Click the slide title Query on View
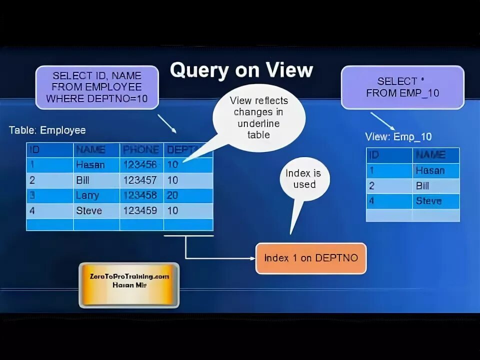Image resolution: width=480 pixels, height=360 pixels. coord(241,70)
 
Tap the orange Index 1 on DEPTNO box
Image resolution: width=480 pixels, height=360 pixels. coord(310,258)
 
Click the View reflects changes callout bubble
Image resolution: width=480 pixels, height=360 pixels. coord(258,117)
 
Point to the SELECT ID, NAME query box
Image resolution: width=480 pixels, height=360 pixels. coord(96,87)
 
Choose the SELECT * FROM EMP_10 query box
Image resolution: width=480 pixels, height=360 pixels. coord(402,87)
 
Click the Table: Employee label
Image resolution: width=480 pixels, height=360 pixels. coord(47,130)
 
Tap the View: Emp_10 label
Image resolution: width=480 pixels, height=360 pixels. coord(398,136)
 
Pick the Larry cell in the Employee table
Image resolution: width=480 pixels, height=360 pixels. coord(87,195)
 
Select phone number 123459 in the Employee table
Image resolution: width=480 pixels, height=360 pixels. coord(140,210)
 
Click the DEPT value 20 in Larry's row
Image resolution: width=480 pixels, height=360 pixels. coord(172,195)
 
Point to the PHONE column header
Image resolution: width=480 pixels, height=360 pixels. coord(140,149)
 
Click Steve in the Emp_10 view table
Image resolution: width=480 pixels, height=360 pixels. coord(428,201)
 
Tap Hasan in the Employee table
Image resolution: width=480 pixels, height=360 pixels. coord(90,164)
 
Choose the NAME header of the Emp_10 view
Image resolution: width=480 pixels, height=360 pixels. coord(430,155)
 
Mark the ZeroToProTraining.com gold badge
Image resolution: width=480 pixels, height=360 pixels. coord(128,284)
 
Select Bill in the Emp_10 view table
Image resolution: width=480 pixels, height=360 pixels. coord(422,186)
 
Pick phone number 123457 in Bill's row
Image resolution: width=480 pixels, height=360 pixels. coord(140,180)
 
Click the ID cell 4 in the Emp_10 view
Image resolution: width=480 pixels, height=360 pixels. coord(371,201)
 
